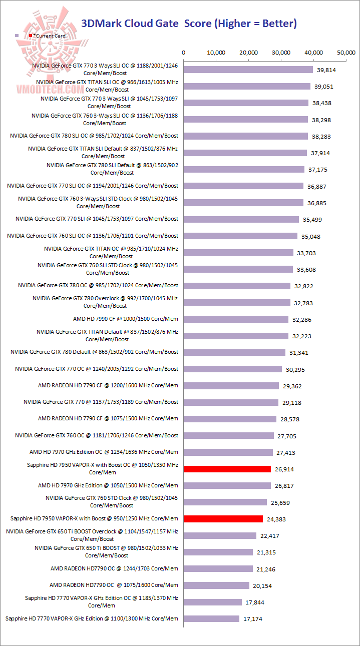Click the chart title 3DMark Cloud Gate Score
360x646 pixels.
coord(189,23)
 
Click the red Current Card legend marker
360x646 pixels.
coord(31,36)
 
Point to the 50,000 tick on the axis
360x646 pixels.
coord(346,53)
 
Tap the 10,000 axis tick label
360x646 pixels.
coord(216,53)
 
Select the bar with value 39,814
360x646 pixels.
coord(248,70)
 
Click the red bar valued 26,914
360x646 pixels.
coord(227,469)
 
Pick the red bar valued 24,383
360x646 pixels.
coord(223,519)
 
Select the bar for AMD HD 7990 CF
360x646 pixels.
coord(236,319)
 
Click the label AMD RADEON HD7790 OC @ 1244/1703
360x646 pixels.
coord(114,568)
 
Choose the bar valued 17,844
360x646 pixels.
coord(213,602)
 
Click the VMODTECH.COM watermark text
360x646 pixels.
coord(50,89)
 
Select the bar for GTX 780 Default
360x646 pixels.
coord(235,352)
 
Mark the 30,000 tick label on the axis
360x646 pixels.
coord(281,53)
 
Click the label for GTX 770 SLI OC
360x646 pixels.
coord(93,186)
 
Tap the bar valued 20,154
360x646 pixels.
coord(217,585)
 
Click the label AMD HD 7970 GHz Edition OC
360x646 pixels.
coord(104,452)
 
